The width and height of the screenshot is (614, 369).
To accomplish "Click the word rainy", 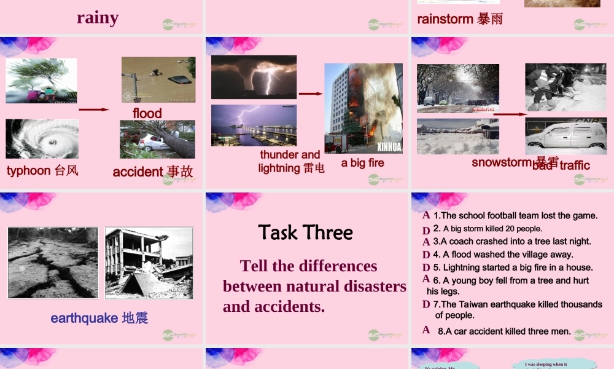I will tap(98, 17).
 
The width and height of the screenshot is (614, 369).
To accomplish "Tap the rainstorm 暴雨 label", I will tap(460, 19).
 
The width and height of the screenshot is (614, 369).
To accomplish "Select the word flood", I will tap(147, 113).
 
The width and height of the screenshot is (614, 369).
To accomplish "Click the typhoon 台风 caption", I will tap(42, 170).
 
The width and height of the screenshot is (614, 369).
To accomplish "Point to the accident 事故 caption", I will tap(153, 172).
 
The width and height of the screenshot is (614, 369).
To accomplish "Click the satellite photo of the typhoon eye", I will tap(42, 139).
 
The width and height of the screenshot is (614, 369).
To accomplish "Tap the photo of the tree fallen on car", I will tap(157, 140).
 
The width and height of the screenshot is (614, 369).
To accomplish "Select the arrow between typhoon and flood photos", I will tap(94, 109).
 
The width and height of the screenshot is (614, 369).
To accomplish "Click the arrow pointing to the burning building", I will tap(311, 94).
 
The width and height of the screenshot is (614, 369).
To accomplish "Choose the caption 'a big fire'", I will tap(362, 162).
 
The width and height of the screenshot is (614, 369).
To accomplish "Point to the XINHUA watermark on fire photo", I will tap(388, 148).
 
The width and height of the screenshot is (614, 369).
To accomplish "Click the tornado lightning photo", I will tap(254, 77).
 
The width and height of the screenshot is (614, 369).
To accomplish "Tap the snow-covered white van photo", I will tap(565, 137).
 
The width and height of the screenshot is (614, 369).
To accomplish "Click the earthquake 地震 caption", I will tap(99, 318).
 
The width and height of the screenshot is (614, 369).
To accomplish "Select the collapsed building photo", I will tap(149, 263).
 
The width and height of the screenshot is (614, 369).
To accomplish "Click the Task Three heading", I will tap(306, 232).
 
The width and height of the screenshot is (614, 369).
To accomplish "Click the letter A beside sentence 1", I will tap(426, 215).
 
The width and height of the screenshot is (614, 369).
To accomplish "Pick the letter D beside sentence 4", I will tap(426, 255).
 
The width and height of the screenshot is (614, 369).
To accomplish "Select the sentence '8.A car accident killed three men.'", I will tap(504, 331).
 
